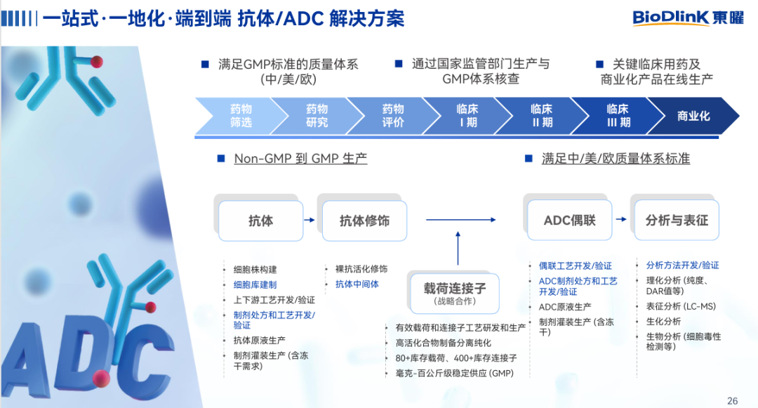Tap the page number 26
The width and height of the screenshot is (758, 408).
click(732, 401)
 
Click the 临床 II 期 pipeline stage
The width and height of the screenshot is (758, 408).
click(541, 116)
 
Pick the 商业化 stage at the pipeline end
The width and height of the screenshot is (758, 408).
click(693, 116)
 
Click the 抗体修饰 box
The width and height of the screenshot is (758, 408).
click(364, 221)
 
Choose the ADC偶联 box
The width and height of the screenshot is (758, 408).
click(569, 221)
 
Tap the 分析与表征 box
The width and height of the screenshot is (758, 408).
click(677, 221)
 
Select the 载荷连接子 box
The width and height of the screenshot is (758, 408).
click(454, 293)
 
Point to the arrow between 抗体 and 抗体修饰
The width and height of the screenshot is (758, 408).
click(310, 221)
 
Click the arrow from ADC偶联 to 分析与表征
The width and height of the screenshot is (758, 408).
click(622, 221)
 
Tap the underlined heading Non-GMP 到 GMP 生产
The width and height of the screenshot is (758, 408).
click(300, 159)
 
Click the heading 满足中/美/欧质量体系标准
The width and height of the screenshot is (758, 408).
click(616, 159)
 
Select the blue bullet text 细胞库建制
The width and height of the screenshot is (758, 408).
click(255, 284)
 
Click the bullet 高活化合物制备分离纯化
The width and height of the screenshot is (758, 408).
click(443, 343)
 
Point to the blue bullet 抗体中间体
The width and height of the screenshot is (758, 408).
click(357, 284)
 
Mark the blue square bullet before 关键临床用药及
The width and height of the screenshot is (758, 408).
click(599, 64)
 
